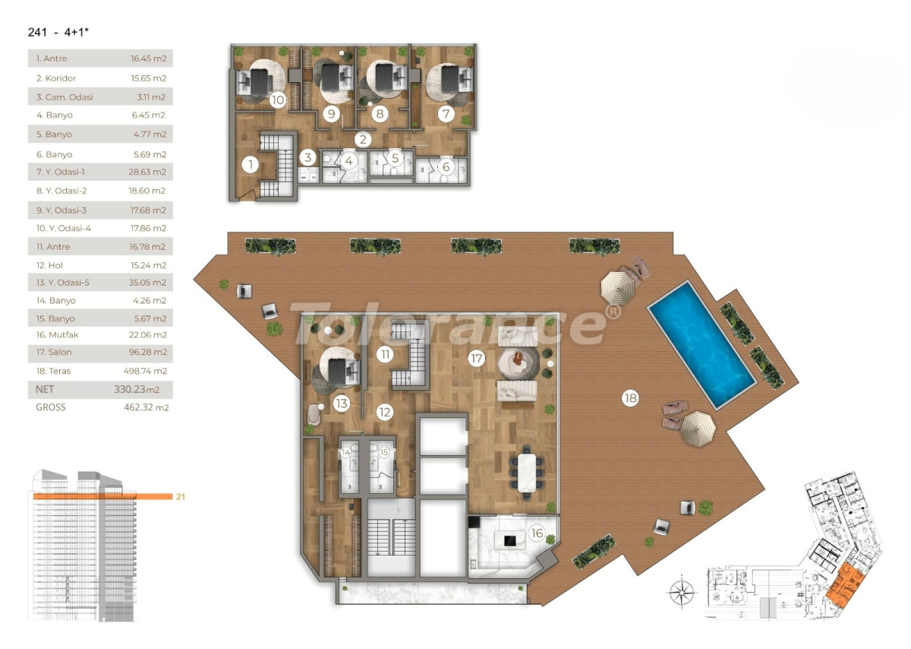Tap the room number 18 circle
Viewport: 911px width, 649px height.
[x=630, y=397]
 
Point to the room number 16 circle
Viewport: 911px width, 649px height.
[x=537, y=533]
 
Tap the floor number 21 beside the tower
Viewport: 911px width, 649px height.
[x=181, y=497]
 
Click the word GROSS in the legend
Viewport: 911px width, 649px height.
[x=51, y=407]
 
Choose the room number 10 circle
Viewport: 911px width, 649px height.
[x=277, y=100]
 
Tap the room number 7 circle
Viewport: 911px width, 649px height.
[x=446, y=115]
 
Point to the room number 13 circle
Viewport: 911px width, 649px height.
[x=341, y=404]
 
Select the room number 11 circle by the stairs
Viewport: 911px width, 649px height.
[x=386, y=354]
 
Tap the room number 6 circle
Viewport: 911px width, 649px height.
[x=446, y=167]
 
